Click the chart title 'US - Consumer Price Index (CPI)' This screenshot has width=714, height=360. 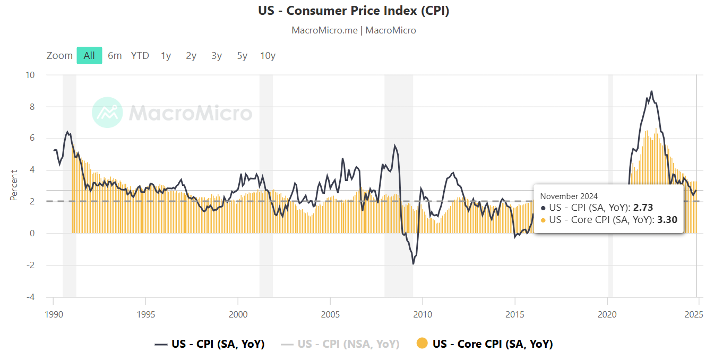pos(354,11)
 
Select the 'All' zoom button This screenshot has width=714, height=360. pos(89,55)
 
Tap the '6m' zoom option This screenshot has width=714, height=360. pos(115,55)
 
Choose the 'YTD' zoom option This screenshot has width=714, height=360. pos(140,55)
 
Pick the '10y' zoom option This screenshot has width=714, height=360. pos(268,55)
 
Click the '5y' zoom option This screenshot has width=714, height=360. pos(242,55)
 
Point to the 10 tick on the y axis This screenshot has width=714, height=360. pos(30,75)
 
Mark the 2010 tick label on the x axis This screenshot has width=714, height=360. pos(423,314)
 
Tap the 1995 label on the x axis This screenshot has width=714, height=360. pos(145,314)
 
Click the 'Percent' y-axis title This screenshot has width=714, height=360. pos(14,185)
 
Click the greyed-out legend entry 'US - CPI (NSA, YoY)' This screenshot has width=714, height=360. pos(348,344)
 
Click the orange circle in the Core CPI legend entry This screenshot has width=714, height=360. pos(422,344)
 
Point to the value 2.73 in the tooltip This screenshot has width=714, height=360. pos(642,208)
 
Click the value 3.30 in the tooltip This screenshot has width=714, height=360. pos(667,219)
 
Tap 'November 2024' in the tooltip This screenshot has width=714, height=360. pos(569,196)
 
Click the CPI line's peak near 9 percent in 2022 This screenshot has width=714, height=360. pos(651,91)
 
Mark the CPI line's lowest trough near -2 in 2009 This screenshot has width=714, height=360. pos(413,264)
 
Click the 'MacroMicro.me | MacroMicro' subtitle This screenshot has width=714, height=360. pos(354,30)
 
